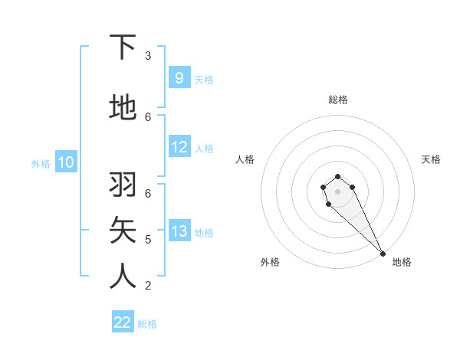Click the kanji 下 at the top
pos(123,47)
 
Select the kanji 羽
pos(123,185)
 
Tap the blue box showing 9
pos(179,78)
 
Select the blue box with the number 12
pos(179,147)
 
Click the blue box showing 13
pos(179,231)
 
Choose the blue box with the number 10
pos(66,162)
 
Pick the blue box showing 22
pos(123,322)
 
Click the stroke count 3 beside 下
pos(148,56)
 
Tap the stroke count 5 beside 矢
pos(148,240)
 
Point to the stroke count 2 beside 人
pos(148,286)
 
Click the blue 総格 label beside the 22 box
pos(147,324)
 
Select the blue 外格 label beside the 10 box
pos(41,163)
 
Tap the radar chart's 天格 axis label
pos(431,159)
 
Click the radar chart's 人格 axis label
pos(245,159)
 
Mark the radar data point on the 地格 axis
pos(383,254)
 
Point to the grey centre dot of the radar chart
pos(337,191)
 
